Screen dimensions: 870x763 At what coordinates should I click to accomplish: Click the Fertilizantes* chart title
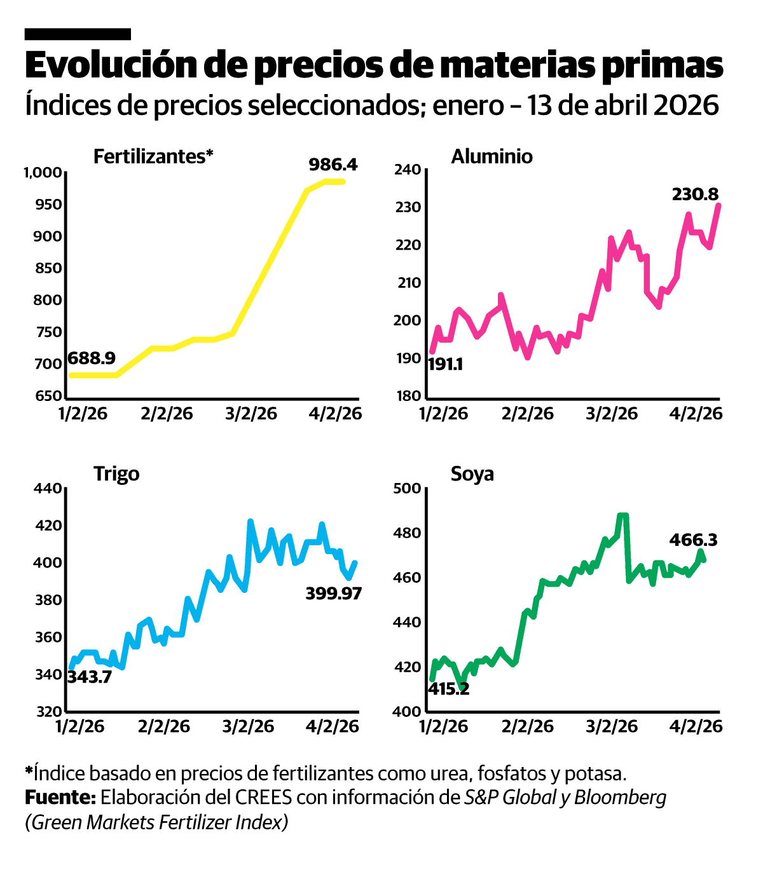pyautogui.click(x=153, y=156)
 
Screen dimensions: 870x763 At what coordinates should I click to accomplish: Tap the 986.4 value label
pyautogui.click(x=333, y=165)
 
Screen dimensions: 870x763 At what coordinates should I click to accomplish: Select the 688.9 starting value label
pyautogui.click(x=92, y=358)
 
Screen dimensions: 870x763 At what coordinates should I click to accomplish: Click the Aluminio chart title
pyautogui.click(x=491, y=156)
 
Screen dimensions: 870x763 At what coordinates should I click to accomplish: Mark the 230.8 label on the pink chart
pyautogui.click(x=695, y=194)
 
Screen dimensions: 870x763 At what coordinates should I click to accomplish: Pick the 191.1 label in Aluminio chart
pyautogui.click(x=445, y=365)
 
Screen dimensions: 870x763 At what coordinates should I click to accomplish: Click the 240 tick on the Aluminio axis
pyautogui.click(x=408, y=170)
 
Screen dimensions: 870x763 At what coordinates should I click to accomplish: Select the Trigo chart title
pyautogui.click(x=116, y=474)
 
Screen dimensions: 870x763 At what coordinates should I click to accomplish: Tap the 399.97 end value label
pyautogui.click(x=333, y=594)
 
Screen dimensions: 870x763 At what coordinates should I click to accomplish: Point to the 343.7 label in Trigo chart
pyautogui.click(x=90, y=677)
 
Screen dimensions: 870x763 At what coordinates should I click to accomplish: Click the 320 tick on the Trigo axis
pyautogui.click(x=49, y=712)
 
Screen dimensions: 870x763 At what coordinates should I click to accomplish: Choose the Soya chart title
pyautogui.click(x=472, y=474)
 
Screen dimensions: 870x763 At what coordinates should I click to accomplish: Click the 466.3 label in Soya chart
pyautogui.click(x=693, y=540)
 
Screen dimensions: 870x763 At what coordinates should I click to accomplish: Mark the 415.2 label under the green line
pyautogui.click(x=448, y=689)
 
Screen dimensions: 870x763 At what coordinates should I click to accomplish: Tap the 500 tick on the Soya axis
pyautogui.click(x=408, y=489)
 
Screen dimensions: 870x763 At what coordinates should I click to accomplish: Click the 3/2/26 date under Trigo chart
pyautogui.click(x=248, y=726)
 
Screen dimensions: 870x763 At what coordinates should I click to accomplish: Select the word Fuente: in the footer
pyautogui.click(x=60, y=797)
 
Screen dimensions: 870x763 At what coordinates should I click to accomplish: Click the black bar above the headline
pyautogui.click(x=78, y=34)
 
